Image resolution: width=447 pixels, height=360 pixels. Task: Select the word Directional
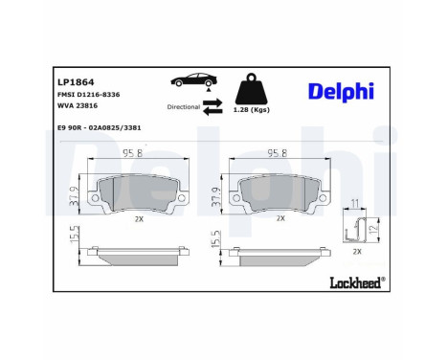click(182, 107)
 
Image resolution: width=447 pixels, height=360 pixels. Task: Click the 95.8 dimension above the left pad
click(134, 153)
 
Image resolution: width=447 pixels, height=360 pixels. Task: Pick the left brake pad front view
click(135, 194)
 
